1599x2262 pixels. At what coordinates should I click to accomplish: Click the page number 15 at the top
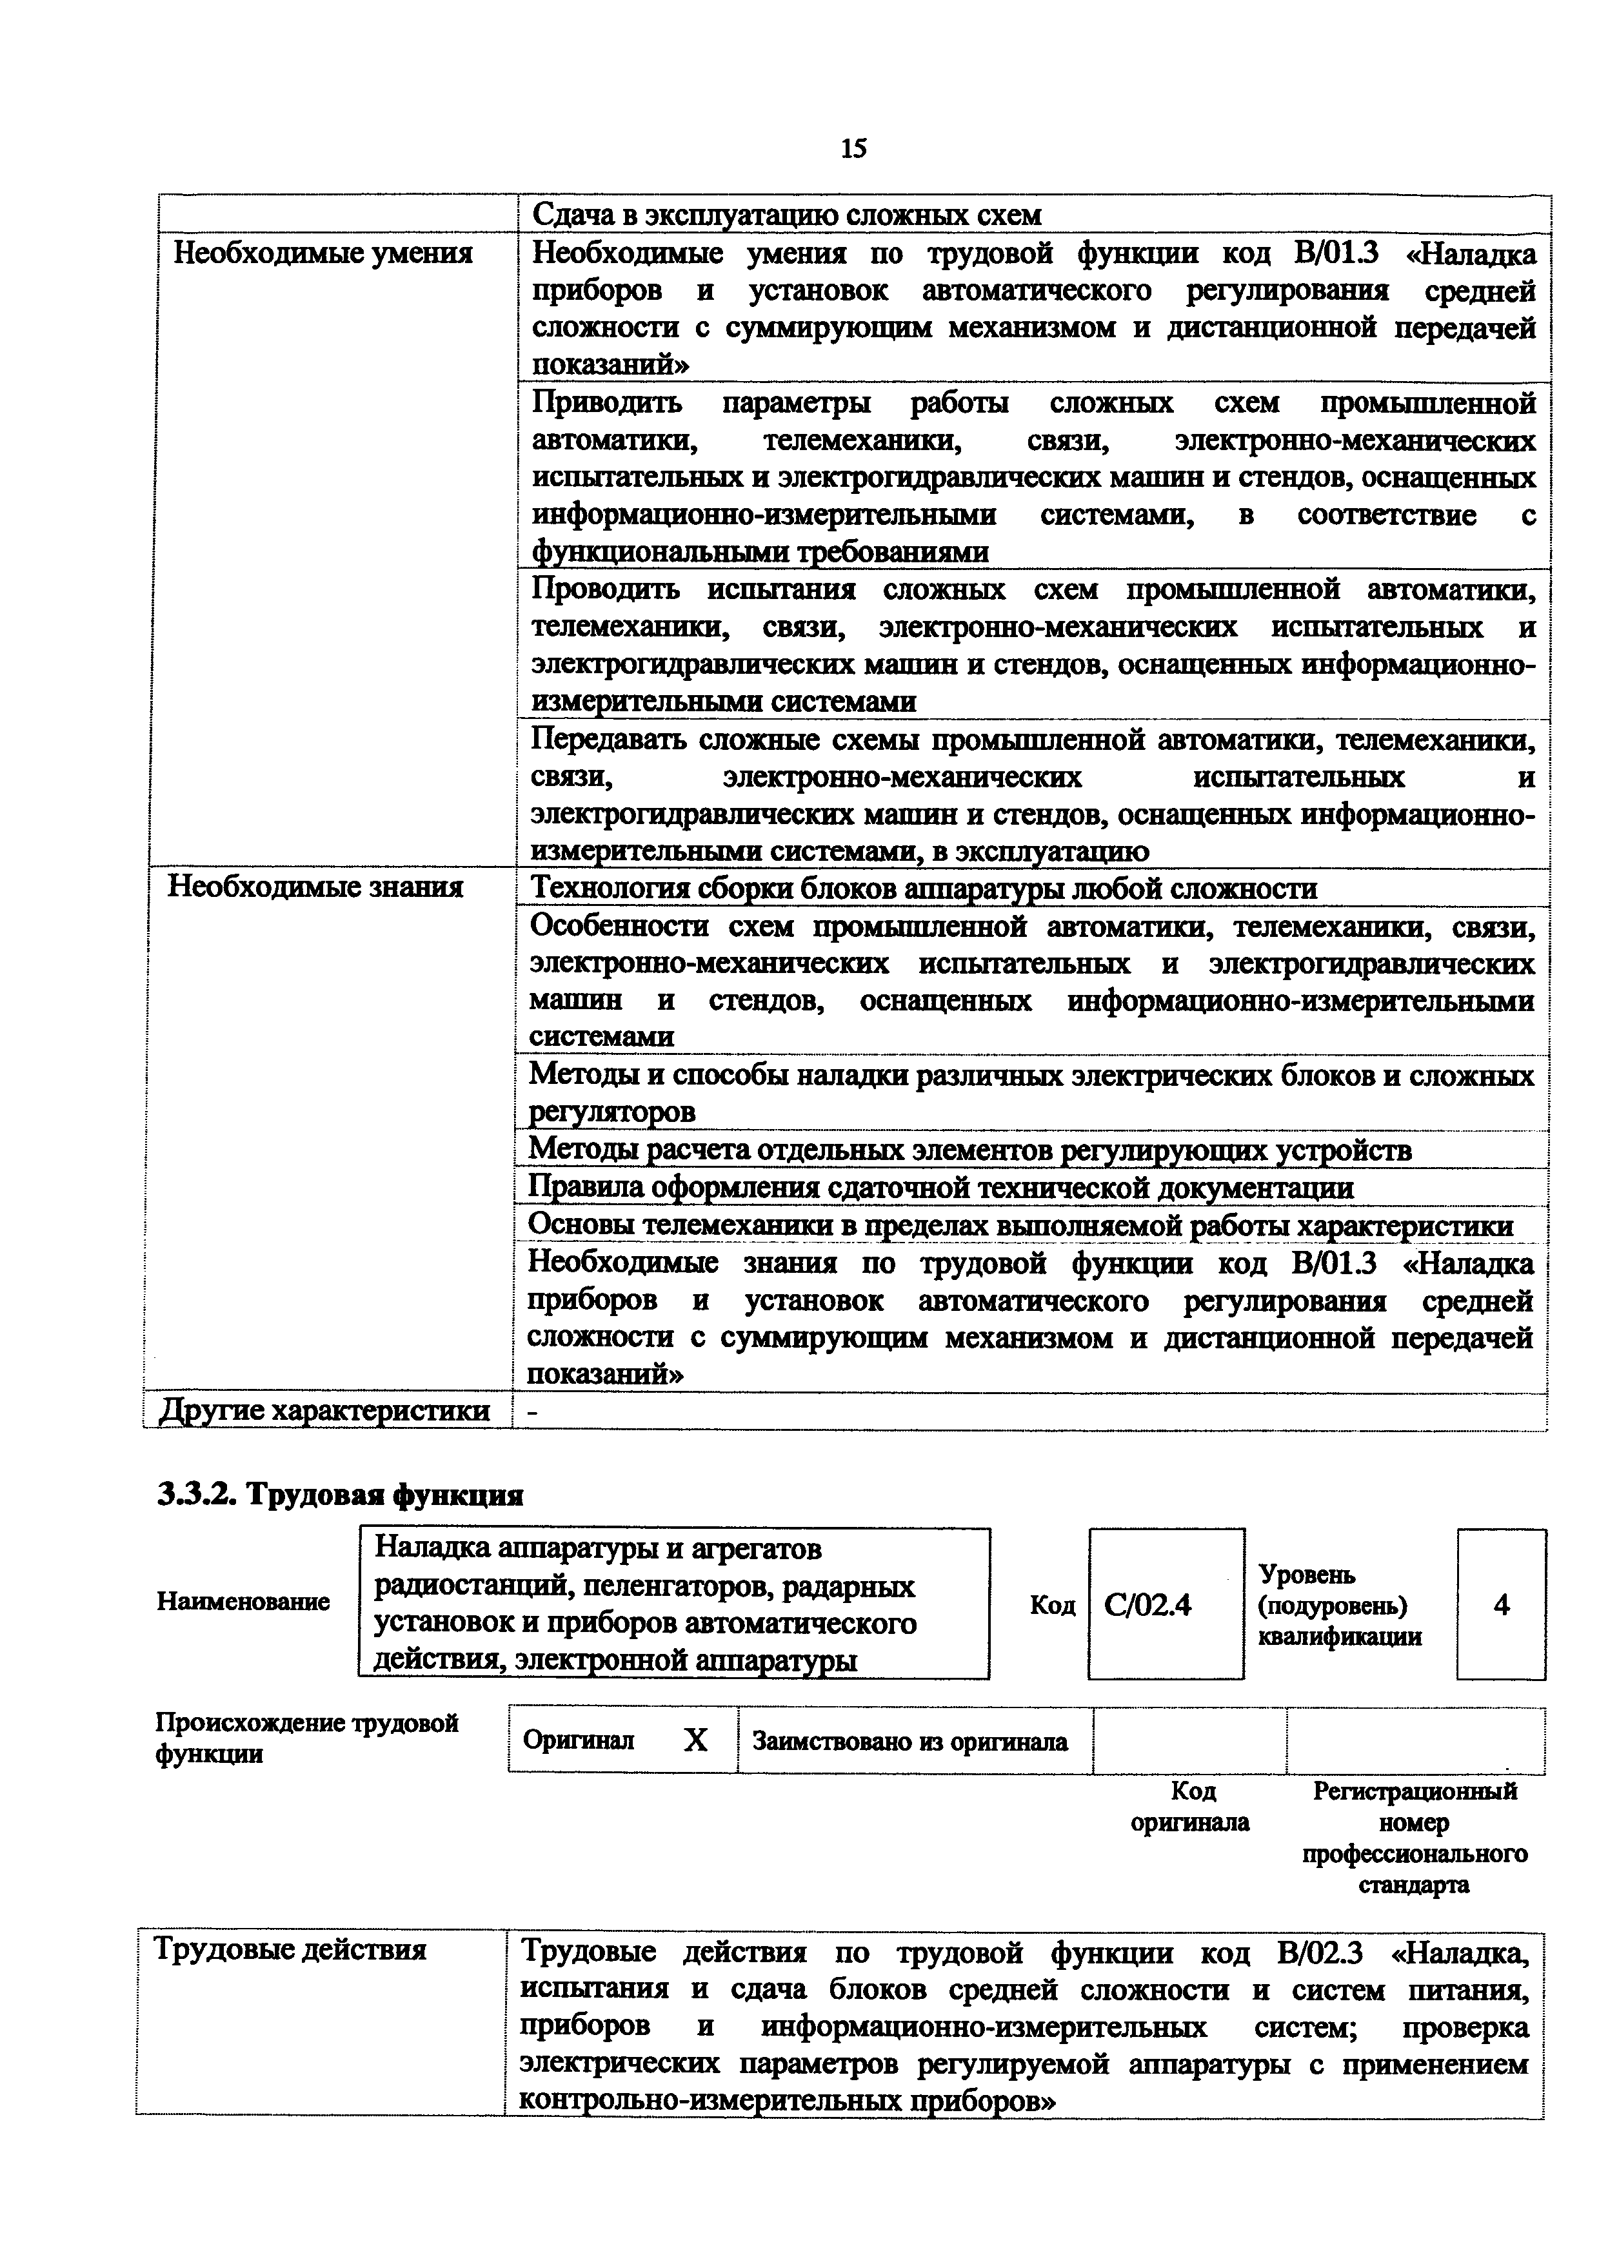pyautogui.click(x=853, y=149)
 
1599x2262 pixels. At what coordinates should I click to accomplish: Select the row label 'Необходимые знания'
pyautogui.click(x=315, y=888)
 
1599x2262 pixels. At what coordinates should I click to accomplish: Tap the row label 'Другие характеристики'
pyautogui.click(x=325, y=1411)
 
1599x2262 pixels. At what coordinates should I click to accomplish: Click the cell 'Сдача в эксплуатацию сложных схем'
pyautogui.click(x=786, y=215)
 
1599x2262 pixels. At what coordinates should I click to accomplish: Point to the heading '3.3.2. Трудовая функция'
pyautogui.click(x=340, y=1495)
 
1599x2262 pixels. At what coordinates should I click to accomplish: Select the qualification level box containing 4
pyautogui.click(x=1500, y=1606)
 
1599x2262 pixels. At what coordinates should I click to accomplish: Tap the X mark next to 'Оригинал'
pyautogui.click(x=695, y=1741)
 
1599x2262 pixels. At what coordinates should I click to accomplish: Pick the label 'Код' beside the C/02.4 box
pyautogui.click(x=1052, y=1606)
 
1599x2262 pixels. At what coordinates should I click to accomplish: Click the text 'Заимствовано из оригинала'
pyautogui.click(x=909, y=1742)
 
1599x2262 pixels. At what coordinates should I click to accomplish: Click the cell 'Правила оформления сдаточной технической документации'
pyautogui.click(x=941, y=1188)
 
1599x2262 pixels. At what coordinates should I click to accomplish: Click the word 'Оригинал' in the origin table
pyautogui.click(x=579, y=1742)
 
